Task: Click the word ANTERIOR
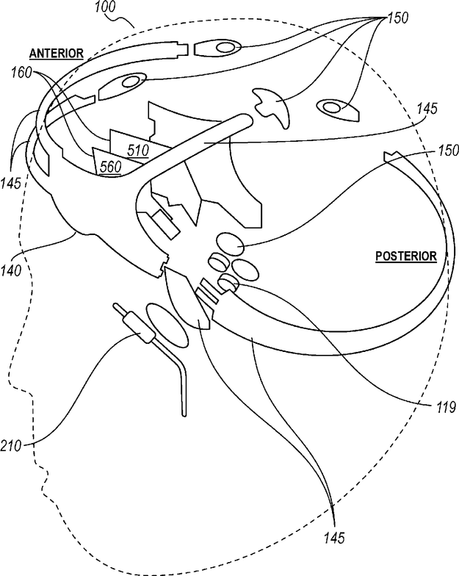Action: point(57,54)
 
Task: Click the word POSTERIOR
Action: point(406,256)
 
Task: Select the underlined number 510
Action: point(138,150)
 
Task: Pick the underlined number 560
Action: point(110,168)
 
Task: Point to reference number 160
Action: point(21,72)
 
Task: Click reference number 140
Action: point(11,270)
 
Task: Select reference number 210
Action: point(11,447)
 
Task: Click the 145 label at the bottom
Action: point(334,538)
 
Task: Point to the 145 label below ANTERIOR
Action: point(11,182)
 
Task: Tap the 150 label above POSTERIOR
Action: point(448,150)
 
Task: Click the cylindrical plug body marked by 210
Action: point(139,328)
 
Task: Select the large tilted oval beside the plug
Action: point(167,325)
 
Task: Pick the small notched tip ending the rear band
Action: point(391,156)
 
